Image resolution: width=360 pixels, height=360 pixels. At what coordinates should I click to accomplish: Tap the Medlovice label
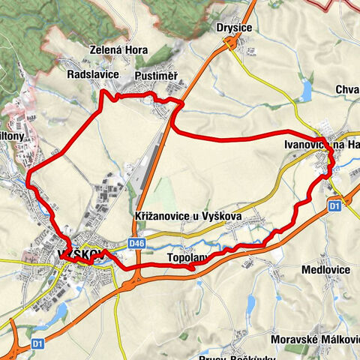(x=326, y=268)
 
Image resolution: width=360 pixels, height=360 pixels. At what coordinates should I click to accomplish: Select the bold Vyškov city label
(x=76, y=255)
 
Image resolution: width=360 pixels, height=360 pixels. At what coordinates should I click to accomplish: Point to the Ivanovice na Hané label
(x=322, y=144)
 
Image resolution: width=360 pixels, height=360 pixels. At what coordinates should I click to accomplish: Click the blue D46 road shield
(x=136, y=243)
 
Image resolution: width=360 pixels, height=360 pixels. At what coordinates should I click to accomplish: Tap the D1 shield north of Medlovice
(x=335, y=204)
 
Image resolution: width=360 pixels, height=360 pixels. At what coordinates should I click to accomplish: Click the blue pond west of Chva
(x=305, y=91)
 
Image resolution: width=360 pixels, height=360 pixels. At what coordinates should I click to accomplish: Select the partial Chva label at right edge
(x=348, y=90)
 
